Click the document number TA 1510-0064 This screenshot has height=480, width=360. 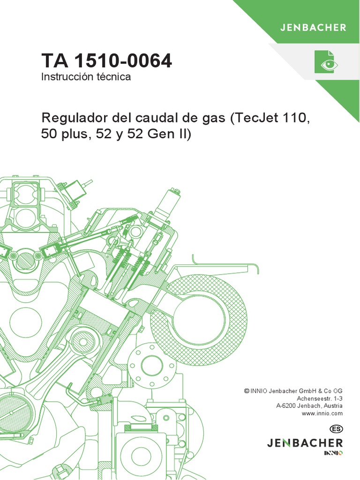click(106, 60)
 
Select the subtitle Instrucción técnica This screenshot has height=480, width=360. click(86, 77)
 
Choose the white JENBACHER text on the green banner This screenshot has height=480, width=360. click(313, 27)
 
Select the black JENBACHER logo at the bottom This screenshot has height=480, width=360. click(305, 442)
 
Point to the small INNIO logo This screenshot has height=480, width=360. click(333, 453)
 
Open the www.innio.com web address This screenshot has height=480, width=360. click(322, 413)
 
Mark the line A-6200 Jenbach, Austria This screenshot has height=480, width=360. click(309, 405)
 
